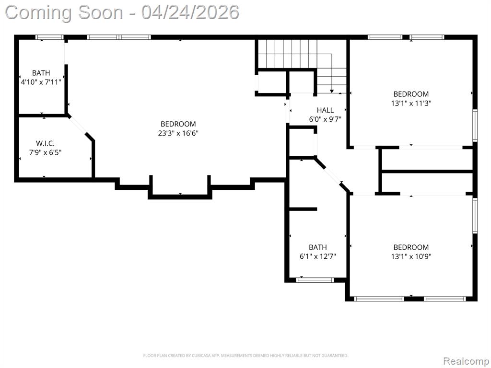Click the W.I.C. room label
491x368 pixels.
tap(45, 144)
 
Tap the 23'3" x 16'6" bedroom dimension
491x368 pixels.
tap(178, 133)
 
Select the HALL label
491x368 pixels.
tap(325, 110)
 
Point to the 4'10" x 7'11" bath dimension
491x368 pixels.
tap(41, 82)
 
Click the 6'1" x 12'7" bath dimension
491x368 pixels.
tap(318, 257)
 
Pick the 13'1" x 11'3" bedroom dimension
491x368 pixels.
tap(411, 103)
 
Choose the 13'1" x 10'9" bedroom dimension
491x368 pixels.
tap(411, 257)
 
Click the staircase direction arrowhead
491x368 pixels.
tap(332, 91)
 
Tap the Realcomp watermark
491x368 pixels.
tap(466, 361)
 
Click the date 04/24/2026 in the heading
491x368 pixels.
tap(190, 12)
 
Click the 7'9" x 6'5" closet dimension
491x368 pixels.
tap(45, 153)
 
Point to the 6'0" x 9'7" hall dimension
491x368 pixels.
tap(325, 119)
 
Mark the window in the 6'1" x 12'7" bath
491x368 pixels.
tap(315, 280)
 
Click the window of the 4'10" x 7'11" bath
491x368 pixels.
tap(49, 37)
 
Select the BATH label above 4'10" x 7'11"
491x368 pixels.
tap(41, 73)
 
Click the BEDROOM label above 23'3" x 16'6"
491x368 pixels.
tap(178, 124)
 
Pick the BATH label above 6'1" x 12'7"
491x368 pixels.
tap(318, 248)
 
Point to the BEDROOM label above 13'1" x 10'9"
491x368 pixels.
tap(411, 248)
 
